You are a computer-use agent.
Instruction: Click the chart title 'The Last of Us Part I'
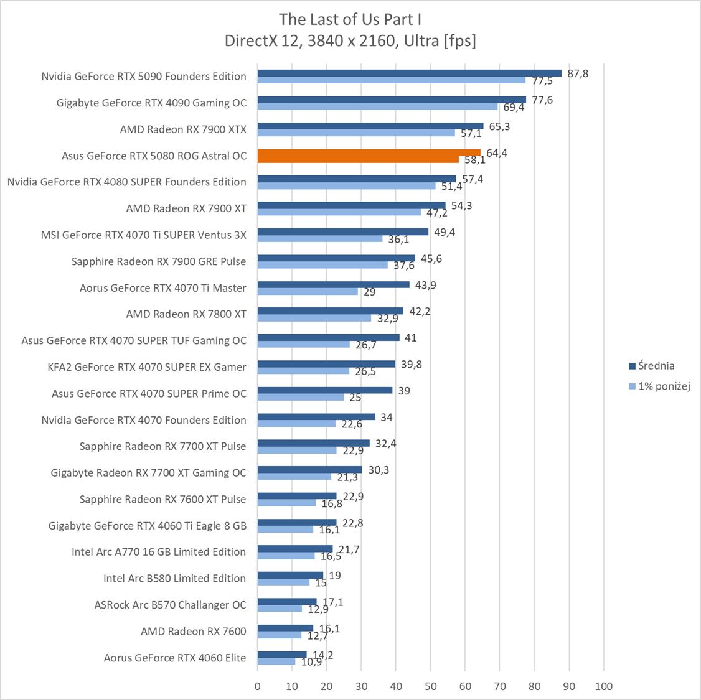coord(350,19)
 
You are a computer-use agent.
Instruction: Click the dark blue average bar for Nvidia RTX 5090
coord(409,73)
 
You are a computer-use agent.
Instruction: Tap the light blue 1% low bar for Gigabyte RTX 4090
coord(377,106)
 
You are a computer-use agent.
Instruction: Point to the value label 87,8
coord(577,73)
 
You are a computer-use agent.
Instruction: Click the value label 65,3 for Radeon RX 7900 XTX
coord(499,126)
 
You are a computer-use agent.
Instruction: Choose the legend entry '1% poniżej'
coord(664,386)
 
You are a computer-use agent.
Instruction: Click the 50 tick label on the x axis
coord(430,686)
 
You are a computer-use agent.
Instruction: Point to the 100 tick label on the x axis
coord(603,686)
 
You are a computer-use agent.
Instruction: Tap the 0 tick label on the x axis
coord(258,686)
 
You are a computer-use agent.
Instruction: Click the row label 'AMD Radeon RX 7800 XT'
coord(186,314)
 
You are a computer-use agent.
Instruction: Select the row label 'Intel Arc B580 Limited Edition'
coord(174,578)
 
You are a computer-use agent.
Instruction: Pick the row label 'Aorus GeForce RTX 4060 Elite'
coord(175,658)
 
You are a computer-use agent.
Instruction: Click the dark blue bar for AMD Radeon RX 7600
coord(285,628)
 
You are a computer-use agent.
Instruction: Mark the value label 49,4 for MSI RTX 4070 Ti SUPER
coord(445,232)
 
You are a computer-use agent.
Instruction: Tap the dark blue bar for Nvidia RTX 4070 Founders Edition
coord(316,417)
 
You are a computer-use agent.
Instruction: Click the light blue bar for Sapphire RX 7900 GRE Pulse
coord(322,265)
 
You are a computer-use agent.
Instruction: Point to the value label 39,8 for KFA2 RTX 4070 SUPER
coord(411,364)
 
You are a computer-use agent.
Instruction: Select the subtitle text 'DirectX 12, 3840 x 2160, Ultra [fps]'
coord(350,41)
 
